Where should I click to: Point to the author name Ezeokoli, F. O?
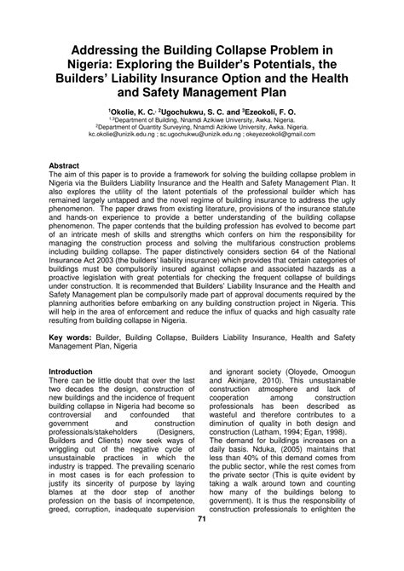point(270,111)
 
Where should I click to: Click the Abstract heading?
point(66,162)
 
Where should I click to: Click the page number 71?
point(202,543)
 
